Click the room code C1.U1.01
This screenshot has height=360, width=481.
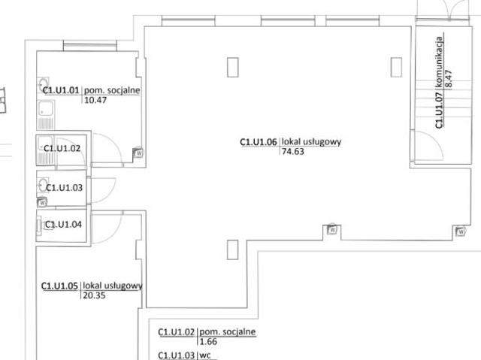coord(61,90)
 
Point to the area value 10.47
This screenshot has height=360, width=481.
coord(95,100)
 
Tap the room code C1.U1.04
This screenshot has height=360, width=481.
coord(63,225)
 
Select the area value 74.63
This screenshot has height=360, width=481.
coord(293,152)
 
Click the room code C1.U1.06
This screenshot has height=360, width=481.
coord(259,142)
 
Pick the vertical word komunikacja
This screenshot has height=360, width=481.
coord(439,62)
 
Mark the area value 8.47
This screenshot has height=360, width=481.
coord(449,79)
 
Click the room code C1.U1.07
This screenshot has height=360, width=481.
coord(439,110)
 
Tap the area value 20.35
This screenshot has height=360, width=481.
coord(94,295)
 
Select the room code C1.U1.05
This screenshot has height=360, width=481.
coord(59,286)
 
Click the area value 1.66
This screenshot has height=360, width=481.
coord(208,341)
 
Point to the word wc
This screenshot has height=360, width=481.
coord(205,355)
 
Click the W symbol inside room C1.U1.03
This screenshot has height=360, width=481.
coord(42,202)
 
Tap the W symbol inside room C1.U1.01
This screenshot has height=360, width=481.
coord(138,153)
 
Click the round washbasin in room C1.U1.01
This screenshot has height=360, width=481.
coord(43,84)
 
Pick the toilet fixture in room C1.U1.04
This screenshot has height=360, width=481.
coord(43,225)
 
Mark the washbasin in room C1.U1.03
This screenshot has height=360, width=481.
coord(43,185)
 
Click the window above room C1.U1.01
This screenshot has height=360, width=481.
coord(90,46)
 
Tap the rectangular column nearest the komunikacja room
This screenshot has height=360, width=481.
coord(396,67)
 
